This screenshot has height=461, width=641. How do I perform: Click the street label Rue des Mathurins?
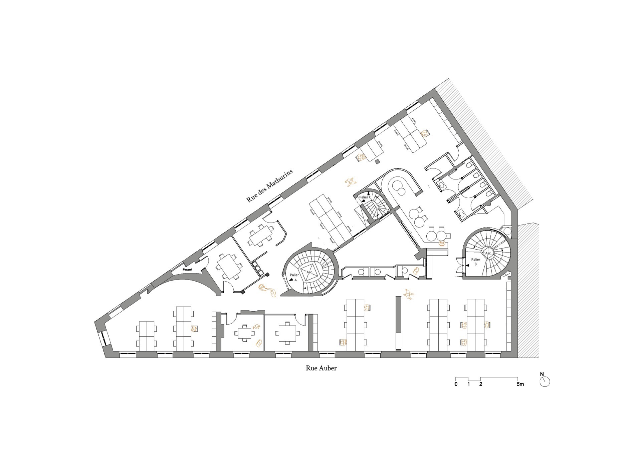[x=269, y=186]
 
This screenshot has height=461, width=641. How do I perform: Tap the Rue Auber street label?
[x=321, y=368]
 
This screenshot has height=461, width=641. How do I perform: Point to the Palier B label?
[x=476, y=262]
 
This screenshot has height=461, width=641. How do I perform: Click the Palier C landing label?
[x=365, y=197]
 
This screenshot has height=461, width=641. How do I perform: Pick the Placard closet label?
[x=187, y=270]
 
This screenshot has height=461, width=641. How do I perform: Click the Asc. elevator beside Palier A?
[x=309, y=272]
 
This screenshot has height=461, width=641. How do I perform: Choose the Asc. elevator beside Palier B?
[x=488, y=253]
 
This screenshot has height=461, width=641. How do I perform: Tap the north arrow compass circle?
[x=545, y=382]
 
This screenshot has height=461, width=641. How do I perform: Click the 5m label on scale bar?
[x=520, y=384]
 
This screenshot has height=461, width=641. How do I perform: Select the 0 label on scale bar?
[x=456, y=384]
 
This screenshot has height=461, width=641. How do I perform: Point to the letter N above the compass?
[x=542, y=374]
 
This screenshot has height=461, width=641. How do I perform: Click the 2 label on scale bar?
[x=481, y=384]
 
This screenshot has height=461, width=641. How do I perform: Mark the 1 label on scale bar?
[x=468, y=384]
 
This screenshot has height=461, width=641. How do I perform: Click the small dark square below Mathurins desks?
[x=377, y=162]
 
